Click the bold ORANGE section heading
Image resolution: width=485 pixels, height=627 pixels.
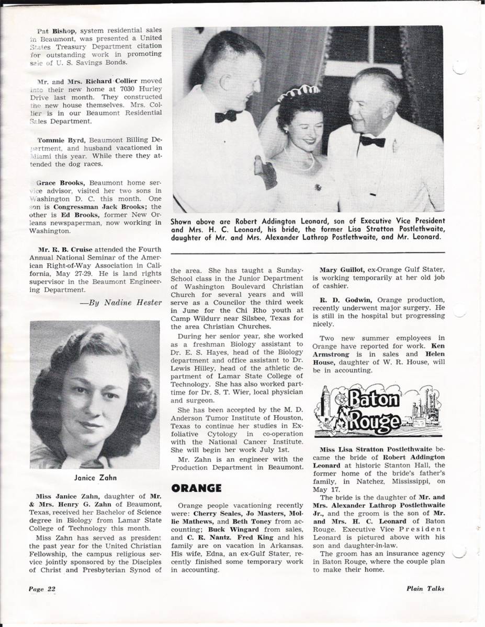click(197, 488)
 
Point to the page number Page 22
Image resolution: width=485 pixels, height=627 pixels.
click(42, 588)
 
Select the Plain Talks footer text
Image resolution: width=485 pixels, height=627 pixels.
click(425, 588)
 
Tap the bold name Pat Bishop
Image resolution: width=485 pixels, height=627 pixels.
click(57, 30)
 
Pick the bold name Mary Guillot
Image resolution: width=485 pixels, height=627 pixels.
click(343, 270)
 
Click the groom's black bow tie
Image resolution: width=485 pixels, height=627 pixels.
click(227, 116)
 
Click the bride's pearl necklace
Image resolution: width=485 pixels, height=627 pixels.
click(302, 162)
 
